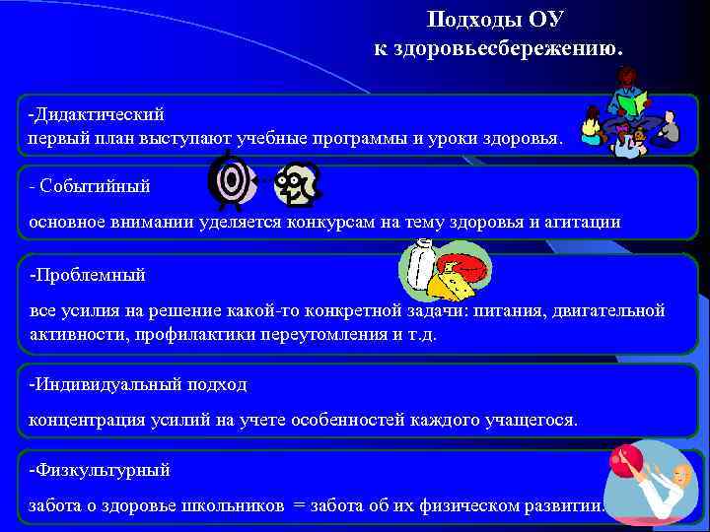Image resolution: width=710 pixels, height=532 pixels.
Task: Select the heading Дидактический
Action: pyautogui.click(x=97, y=114)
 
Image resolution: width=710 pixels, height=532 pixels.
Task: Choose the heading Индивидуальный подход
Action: pyautogui.click(x=138, y=383)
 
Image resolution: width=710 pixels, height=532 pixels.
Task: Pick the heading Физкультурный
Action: pyautogui.click(x=101, y=469)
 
